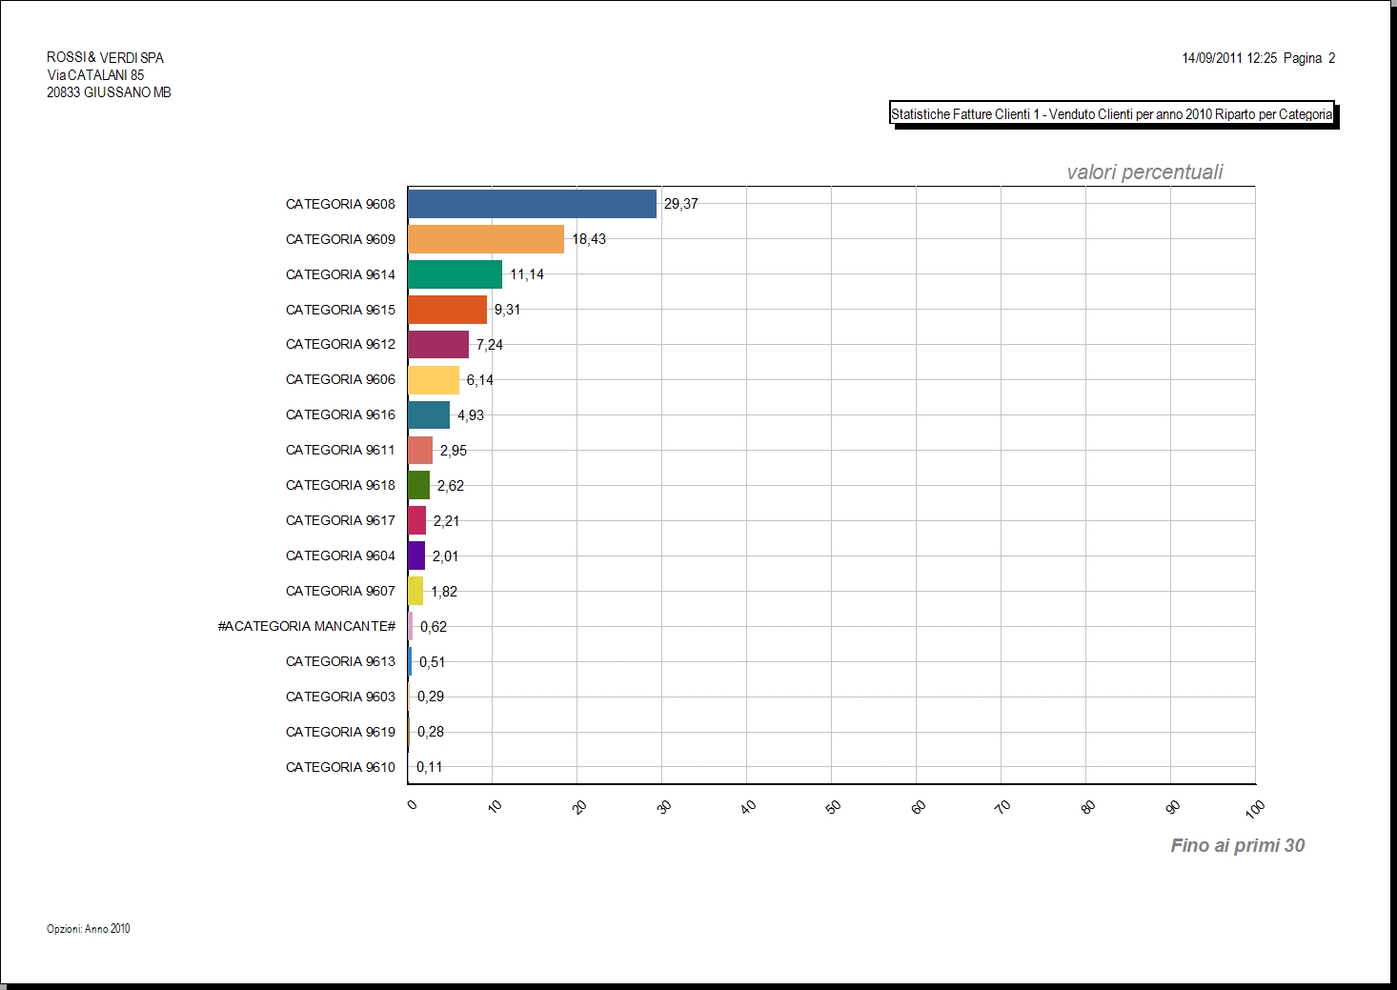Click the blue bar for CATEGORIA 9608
pyautogui.click(x=532, y=204)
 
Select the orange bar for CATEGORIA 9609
pyautogui.click(x=486, y=239)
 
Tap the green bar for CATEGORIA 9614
pyautogui.click(x=455, y=274)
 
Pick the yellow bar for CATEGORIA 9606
pyautogui.click(x=434, y=380)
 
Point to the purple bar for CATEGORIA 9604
pyautogui.click(x=416, y=556)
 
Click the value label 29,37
pyautogui.click(x=681, y=204)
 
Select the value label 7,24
pyautogui.click(x=490, y=345)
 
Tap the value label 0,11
pyautogui.click(x=429, y=767)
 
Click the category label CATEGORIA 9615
pyautogui.click(x=340, y=310)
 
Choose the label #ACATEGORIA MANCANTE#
pyautogui.click(x=307, y=627)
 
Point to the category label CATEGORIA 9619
pyautogui.click(x=340, y=732)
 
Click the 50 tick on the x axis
pyautogui.click(x=833, y=807)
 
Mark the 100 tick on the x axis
pyautogui.click(x=1255, y=809)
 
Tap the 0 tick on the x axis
pyautogui.click(x=412, y=805)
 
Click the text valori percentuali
pyautogui.click(x=1144, y=172)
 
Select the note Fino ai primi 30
pyautogui.click(x=1237, y=845)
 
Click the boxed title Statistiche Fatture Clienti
pyautogui.click(x=1111, y=114)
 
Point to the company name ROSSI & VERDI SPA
pyautogui.click(x=106, y=58)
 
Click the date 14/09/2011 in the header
pyautogui.click(x=1212, y=58)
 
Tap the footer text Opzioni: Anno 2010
pyautogui.click(x=89, y=929)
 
